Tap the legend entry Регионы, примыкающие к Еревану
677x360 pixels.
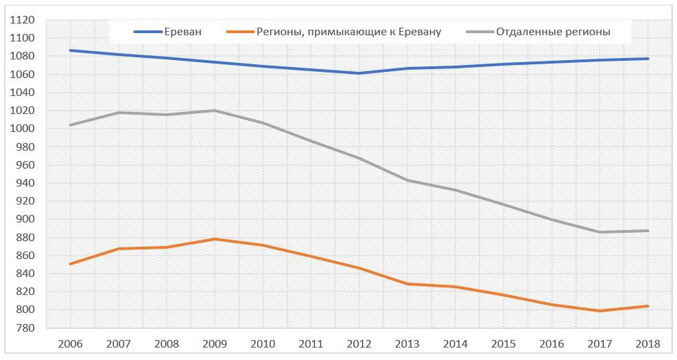(348, 32)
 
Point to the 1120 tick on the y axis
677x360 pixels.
(23, 20)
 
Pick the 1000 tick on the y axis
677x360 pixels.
(23, 129)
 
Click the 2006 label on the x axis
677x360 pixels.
(70, 343)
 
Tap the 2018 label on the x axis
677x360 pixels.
(647, 343)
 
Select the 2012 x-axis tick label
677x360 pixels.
(359, 343)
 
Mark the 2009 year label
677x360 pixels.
(215, 343)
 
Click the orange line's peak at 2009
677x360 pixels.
(215, 239)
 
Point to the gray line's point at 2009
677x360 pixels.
(215, 111)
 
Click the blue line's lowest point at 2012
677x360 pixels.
(359, 73)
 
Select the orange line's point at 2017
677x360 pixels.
(599, 311)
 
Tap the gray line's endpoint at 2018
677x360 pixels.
(647, 231)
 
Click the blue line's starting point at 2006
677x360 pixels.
(70, 50)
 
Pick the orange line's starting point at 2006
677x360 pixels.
(70, 264)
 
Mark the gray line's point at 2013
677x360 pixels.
(407, 180)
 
